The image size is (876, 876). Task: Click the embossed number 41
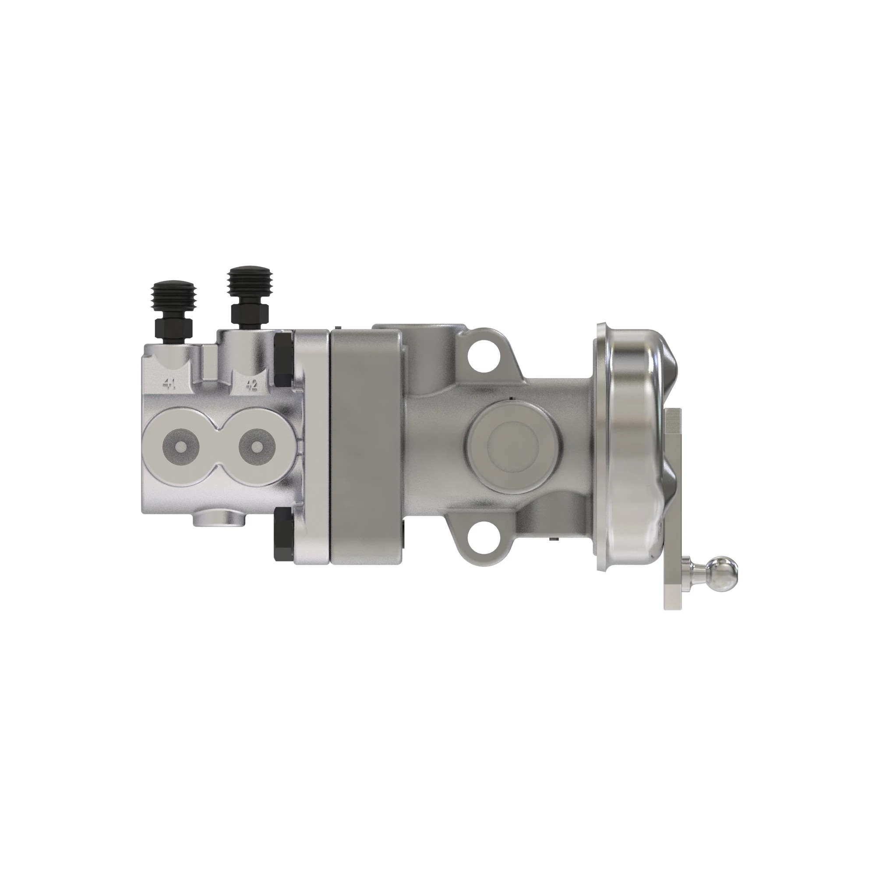[169, 385]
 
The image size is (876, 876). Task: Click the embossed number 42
[251, 385]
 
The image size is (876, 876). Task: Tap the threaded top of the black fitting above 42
[250, 277]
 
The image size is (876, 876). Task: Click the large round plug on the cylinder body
[513, 449]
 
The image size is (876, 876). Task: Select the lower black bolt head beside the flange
[283, 533]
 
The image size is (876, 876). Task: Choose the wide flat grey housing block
[365, 447]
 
